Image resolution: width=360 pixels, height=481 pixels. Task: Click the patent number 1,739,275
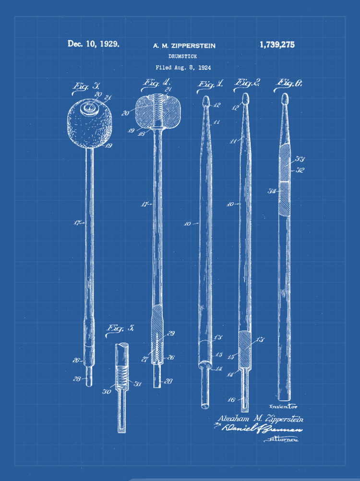pos(277,45)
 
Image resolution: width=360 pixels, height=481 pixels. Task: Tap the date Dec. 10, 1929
pos(93,44)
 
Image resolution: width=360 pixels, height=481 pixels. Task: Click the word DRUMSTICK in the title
pos(182,57)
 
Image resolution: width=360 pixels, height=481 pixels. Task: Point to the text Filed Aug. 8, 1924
pos(183,68)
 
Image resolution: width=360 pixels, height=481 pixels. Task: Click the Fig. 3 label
pos(86,86)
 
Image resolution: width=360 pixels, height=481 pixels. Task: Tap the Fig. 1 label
pos(210,84)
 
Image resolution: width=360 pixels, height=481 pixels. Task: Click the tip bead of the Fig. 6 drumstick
pos(285,99)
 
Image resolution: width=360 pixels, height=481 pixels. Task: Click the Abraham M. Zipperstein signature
pos(260,419)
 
